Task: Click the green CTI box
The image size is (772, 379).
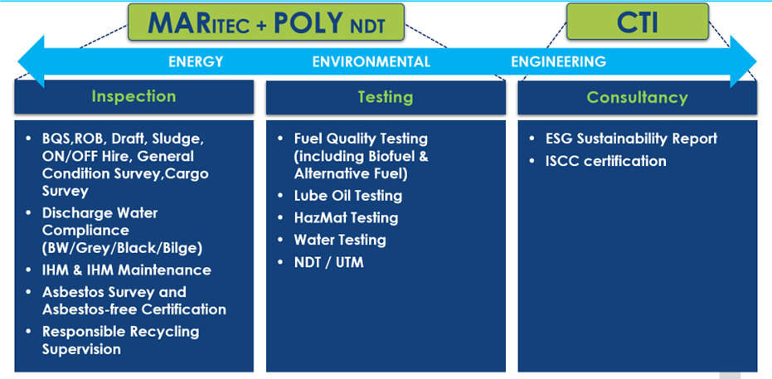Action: click(x=637, y=22)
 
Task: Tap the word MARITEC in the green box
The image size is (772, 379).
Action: click(x=198, y=23)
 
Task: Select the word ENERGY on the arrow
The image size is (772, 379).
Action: click(x=196, y=61)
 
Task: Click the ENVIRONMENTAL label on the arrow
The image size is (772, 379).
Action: click(x=371, y=61)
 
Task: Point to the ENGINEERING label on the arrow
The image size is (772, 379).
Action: click(x=558, y=61)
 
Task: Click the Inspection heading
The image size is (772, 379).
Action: click(x=134, y=96)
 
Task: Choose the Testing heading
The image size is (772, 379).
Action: click(x=386, y=97)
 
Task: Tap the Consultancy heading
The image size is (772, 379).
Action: click(x=637, y=98)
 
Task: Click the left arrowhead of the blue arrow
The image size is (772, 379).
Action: click(x=31, y=61)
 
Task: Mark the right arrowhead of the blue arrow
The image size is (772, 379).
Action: click(x=744, y=61)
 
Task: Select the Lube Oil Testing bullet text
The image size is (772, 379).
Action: click(x=348, y=196)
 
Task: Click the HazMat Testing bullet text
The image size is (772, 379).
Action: click(x=346, y=217)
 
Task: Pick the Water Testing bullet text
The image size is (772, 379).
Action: click(x=340, y=240)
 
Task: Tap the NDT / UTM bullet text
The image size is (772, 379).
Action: click(x=329, y=262)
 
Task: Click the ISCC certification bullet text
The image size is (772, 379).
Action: click(x=605, y=161)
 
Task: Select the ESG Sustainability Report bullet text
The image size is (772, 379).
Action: click(x=631, y=138)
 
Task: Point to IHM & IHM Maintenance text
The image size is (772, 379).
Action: click(x=127, y=270)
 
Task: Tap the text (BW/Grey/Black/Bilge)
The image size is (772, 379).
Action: click(x=122, y=248)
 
